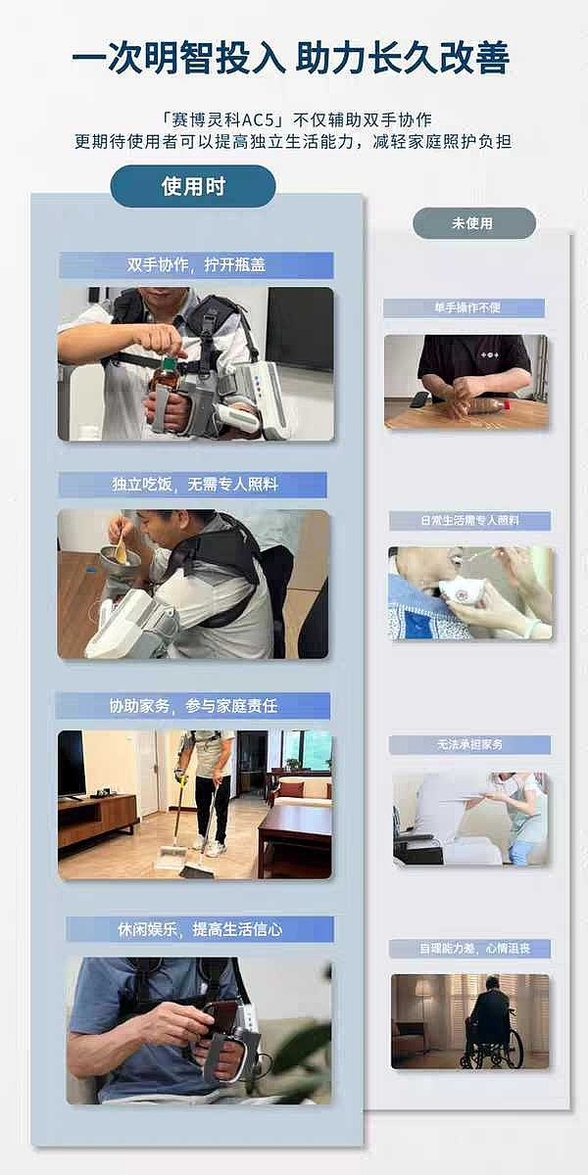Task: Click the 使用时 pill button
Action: tap(193, 186)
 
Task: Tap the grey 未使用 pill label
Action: tap(473, 223)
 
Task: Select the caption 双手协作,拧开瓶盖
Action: tap(196, 265)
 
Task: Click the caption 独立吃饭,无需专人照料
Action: tap(194, 484)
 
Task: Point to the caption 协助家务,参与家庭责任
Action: tap(193, 706)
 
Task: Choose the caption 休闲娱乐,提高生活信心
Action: tap(200, 929)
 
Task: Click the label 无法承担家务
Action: tap(469, 744)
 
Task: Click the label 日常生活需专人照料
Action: tap(469, 520)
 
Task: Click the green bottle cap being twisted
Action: tap(169, 363)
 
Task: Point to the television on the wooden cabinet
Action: tap(72, 763)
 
